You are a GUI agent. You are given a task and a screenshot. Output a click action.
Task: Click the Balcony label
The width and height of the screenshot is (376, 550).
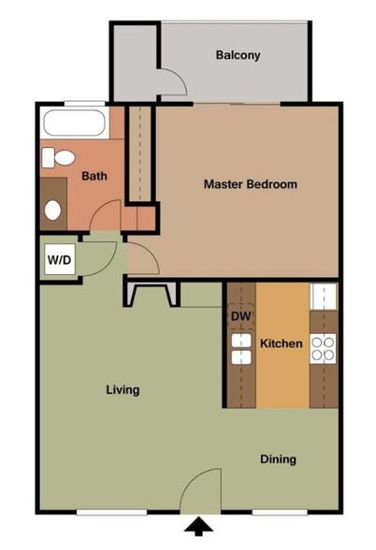point(238,55)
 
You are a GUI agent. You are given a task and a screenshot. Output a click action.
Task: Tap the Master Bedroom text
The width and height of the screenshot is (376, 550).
point(250,184)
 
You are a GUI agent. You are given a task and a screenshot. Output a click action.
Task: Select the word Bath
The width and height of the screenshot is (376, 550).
point(94,176)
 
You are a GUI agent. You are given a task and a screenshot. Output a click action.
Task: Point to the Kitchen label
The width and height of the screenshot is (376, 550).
point(281,344)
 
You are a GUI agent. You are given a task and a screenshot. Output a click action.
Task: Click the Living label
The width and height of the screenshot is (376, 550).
point(123,390)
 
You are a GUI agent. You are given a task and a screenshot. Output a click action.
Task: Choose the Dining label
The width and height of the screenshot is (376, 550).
point(278,459)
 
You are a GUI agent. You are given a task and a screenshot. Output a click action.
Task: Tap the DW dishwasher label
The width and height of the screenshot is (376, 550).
point(240,316)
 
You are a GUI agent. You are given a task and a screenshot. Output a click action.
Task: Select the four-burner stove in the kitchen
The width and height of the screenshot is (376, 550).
point(324,348)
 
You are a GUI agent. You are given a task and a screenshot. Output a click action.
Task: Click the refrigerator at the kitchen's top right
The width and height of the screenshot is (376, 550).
point(324,297)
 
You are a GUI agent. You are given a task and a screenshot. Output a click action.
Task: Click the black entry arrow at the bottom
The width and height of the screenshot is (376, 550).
point(200,530)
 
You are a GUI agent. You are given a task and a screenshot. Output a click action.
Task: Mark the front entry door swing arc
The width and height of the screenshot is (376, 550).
point(201,491)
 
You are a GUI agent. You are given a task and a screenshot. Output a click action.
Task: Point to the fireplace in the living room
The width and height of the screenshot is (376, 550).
point(149,295)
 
